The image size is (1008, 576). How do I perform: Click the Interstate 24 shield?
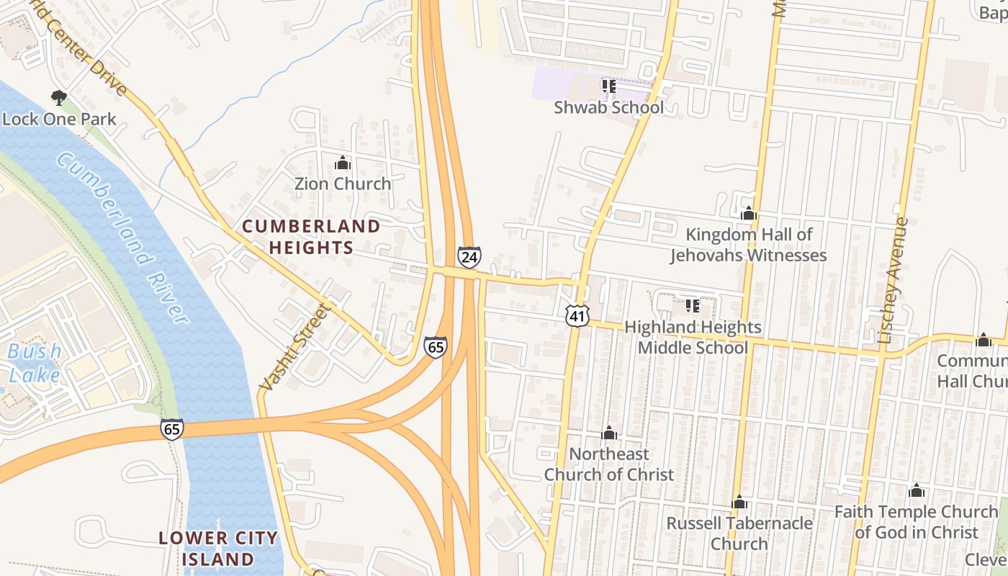pyautogui.click(x=469, y=256)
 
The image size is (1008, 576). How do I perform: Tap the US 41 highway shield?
pyautogui.click(x=577, y=315)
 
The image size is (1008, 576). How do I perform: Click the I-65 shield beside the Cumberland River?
pyautogui.click(x=171, y=428)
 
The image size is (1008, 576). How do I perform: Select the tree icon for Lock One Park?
pyautogui.click(x=59, y=97)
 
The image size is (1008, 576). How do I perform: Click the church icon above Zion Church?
pyautogui.click(x=342, y=163)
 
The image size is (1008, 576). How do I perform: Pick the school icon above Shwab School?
pyautogui.click(x=608, y=86)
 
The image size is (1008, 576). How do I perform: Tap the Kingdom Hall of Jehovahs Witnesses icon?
pyautogui.click(x=748, y=213)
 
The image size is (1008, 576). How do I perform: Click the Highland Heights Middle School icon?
pyautogui.click(x=692, y=306)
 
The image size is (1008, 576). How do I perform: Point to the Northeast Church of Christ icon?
pyautogui.click(x=609, y=433)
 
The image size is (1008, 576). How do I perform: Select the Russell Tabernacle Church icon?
pyautogui.click(x=739, y=502)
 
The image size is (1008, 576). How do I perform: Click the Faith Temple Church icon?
pyautogui.click(x=916, y=491)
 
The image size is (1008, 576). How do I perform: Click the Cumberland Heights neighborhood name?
pyautogui.click(x=311, y=237)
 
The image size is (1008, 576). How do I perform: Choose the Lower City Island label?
pyautogui.click(x=217, y=548)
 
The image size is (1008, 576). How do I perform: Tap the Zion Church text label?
pyautogui.click(x=343, y=184)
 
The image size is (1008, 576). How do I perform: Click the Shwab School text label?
pyautogui.click(x=608, y=108)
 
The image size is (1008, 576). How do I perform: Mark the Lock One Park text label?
pyautogui.click(x=59, y=119)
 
